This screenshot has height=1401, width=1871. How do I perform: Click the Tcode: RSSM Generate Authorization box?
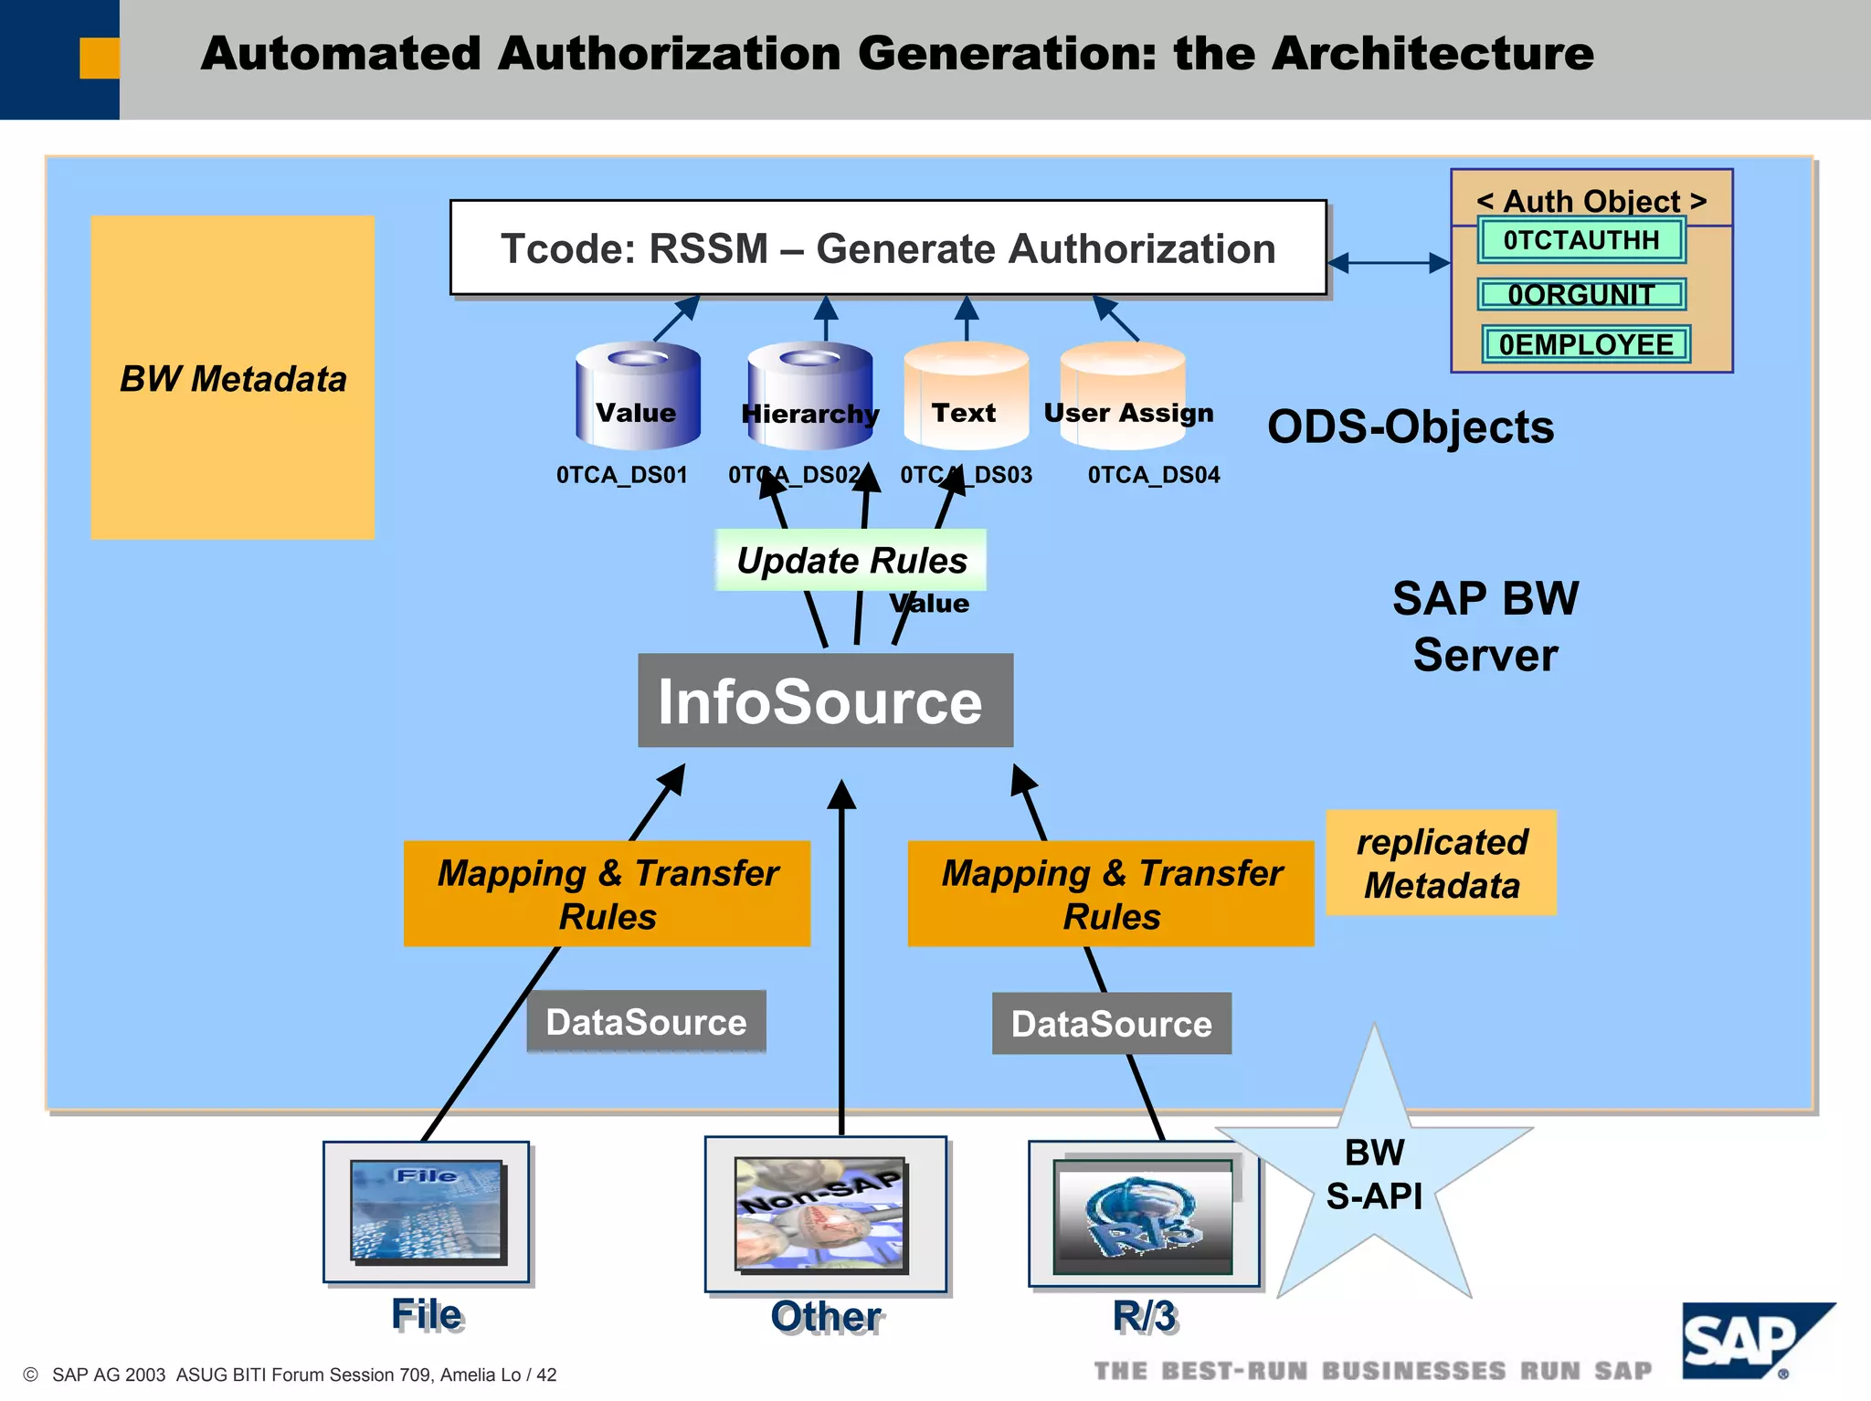[x=887, y=248]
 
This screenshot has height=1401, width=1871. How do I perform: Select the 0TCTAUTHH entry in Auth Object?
[x=1580, y=240]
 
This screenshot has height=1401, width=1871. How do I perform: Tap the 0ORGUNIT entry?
[x=1580, y=294]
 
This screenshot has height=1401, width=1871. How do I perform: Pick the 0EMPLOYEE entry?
[x=1585, y=344]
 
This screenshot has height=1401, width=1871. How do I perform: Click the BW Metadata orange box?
[x=232, y=377]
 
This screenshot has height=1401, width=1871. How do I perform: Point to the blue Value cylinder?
[x=637, y=395]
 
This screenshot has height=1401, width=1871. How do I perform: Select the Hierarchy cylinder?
[x=809, y=395]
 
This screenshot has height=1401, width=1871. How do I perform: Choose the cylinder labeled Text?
[x=966, y=395]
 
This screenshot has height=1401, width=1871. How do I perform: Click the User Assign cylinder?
[x=1123, y=395]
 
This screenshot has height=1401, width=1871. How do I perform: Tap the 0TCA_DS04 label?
[x=1153, y=475]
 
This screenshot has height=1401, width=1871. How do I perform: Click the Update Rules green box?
[x=851, y=560]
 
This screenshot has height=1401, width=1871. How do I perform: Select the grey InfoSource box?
[x=825, y=700]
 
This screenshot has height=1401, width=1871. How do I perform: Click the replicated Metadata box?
[x=1441, y=863]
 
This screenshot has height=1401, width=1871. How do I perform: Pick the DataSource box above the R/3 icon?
[x=1111, y=1024]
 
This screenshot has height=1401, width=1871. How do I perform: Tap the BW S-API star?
[x=1374, y=1174]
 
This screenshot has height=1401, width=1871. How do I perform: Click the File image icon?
[x=427, y=1211]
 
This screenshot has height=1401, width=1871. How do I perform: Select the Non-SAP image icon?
[x=821, y=1214]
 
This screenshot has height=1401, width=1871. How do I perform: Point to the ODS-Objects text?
[x=1410, y=427]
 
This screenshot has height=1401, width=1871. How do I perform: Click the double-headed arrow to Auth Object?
[x=1389, y=263]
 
